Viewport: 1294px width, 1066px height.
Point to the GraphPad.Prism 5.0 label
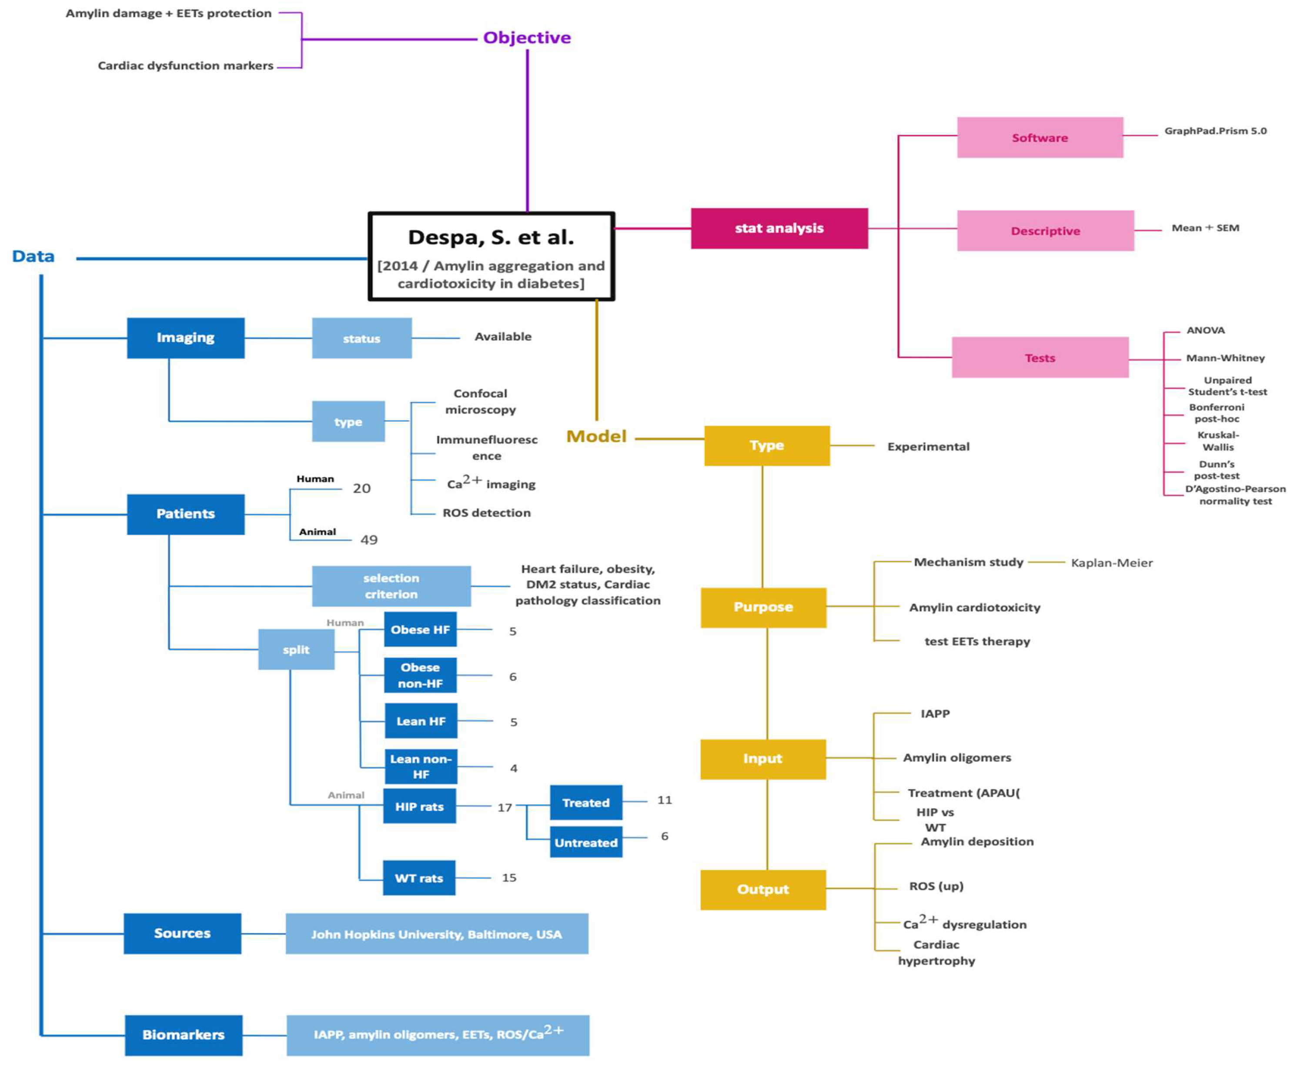[1215, 131]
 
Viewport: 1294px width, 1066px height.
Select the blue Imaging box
[185, 338]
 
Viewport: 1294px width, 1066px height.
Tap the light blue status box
[362, 338]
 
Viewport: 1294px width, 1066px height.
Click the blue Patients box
[185, 514]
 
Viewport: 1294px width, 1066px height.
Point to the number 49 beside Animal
[368, 540]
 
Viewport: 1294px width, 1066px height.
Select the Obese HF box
[420, 629]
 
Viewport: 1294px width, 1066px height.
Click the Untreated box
[586, 842]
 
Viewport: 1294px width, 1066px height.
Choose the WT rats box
[419, 878]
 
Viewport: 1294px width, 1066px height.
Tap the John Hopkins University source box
[437, 933]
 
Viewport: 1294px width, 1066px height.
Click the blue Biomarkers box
[183, 1035]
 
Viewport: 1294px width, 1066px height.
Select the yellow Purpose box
[763, 607]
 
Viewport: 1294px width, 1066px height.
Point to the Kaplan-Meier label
[1112, 563]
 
